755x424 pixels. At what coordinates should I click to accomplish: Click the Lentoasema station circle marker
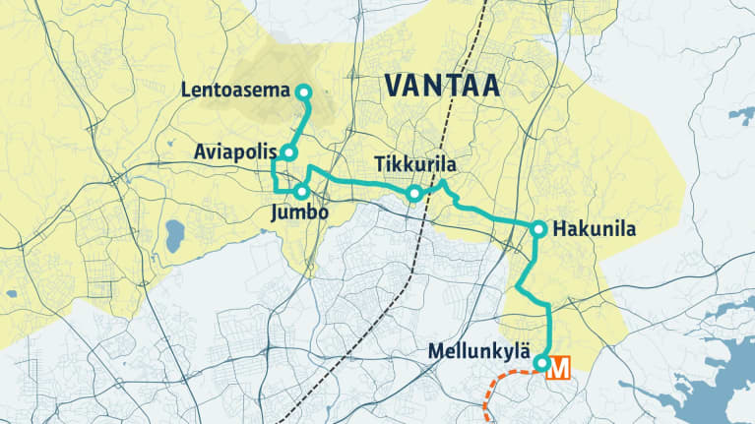pyautogui.click(x=303, y=92)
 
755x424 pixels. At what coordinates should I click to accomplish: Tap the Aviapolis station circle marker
pyautogui.click(x=288, y=152)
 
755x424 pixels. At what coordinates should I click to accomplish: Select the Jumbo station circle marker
pyautogui.click(x=302, y=191)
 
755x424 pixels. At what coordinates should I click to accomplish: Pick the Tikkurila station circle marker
pyautogui.click(x=414, y=195)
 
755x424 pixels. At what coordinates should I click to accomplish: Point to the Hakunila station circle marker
pyautogui.click(x=538, y=229)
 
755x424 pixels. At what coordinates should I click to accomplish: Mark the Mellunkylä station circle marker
pyautogui.click(x=541, y=364)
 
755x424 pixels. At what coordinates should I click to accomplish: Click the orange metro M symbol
pyautogui.click(x=559, y=369)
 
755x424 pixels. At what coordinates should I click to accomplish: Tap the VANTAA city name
pyautogui.click(x=442, y=85)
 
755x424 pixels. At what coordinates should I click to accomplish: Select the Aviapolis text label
pyautogui.click(x=235, y=152)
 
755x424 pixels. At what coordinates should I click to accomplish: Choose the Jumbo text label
pyautogui.click(x=299, y=212)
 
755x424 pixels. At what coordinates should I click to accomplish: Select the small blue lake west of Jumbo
pyautogui.click(x=174, y=236)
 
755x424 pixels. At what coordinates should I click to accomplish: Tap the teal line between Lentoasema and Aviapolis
pyautogui.click(x=297, y=123)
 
